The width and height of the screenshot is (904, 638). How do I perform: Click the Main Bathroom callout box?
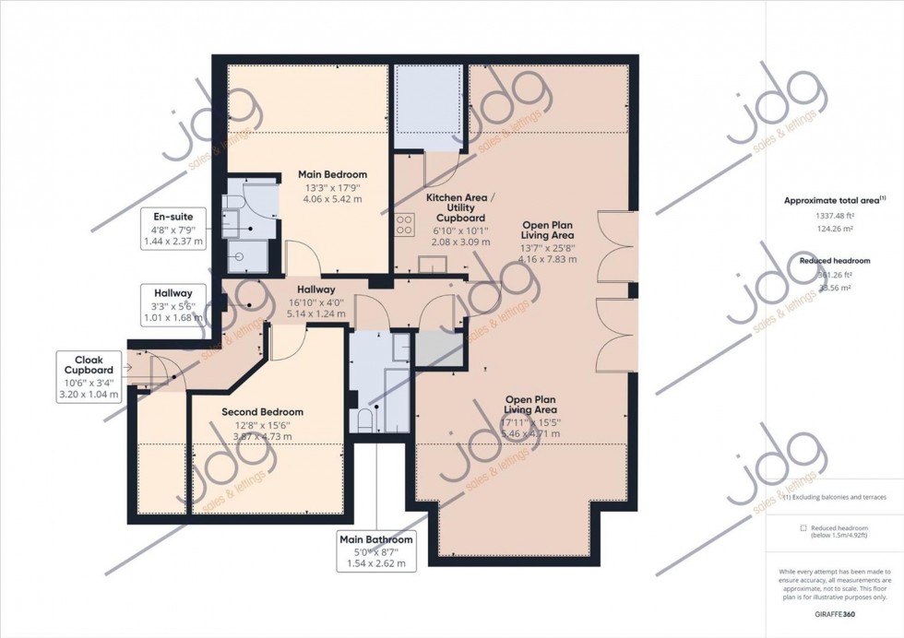(375, 550)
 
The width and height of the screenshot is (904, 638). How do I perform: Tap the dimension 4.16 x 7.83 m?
(548, 259)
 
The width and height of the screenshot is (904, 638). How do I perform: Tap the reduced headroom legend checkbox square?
(778, 527)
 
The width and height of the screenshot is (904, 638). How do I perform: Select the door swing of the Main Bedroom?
(300, 256)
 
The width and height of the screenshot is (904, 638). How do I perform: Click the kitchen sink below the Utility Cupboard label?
(431, 266)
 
